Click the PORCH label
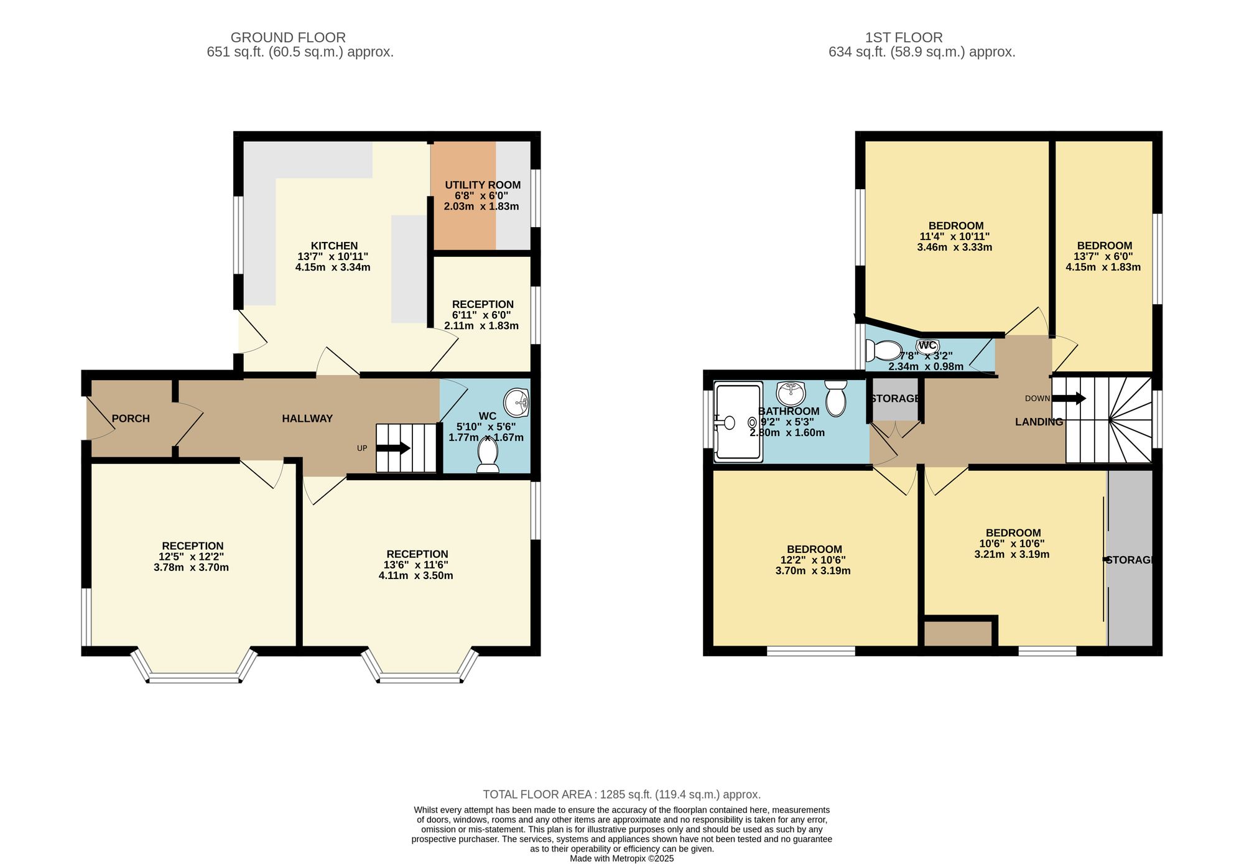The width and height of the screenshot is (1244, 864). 131,419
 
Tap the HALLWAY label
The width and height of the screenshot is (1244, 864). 307,419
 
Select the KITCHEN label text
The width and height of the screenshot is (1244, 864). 334,246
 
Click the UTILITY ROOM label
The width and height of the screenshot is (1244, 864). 483,185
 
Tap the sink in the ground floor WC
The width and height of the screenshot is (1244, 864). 516,402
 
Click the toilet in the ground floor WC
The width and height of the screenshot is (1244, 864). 488,455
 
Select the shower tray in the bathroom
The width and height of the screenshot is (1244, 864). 738,422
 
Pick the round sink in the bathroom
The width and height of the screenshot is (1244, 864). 791,393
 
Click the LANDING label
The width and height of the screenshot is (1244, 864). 1039,422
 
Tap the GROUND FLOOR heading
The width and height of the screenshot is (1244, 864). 288,37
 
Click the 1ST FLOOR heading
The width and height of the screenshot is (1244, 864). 904,37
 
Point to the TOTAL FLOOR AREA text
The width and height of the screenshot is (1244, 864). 622,794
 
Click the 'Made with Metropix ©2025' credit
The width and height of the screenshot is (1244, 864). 622,858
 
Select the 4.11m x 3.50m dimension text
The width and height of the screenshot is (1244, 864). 416,575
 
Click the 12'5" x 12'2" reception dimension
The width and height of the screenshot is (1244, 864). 192,557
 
